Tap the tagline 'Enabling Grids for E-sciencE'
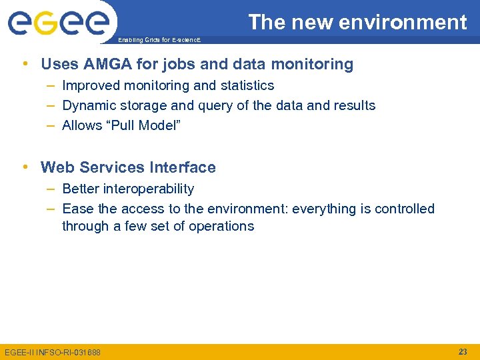[x=158, y=41]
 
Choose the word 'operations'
[x=221, y=226]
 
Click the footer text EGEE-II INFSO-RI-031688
[x=53, y=352]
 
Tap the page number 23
[x=463, y=351]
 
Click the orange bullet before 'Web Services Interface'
[x=25, y=167]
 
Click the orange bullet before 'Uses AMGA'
[x=25, y=64]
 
